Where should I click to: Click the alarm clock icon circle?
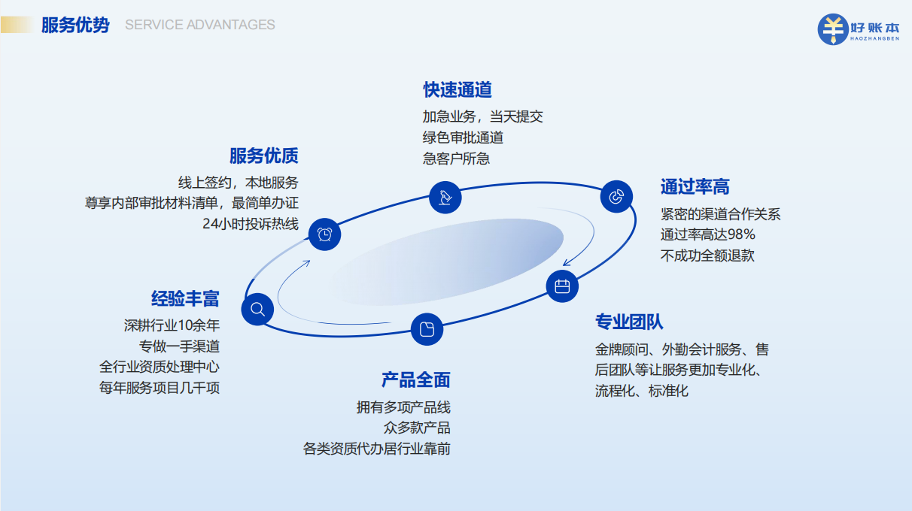coord(324,234)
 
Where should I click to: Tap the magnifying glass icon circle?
coord(257,310)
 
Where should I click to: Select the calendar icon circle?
coord(562,286)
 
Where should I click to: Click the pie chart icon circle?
coord(616,197)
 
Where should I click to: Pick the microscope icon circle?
coord(445,198)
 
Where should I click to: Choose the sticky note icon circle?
coord(427,329)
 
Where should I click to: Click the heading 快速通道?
coord(458,90)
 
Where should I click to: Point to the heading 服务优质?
coord(264,156)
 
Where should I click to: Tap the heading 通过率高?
coord(695,186)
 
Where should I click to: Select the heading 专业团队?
coord(629,322)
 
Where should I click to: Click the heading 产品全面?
coord(415,380)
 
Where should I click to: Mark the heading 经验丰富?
coord(185,299)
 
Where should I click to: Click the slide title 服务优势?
coord(75,26)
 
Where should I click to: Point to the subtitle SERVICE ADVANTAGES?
coord(200,25)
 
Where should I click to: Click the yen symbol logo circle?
coord(833,29)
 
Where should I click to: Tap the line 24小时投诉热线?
coord(251,224)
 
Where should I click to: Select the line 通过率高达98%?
coord(708,234)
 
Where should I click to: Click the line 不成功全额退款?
coord(707,255)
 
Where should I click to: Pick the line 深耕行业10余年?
coord(172,325)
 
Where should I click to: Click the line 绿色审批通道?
coord(463,138)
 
